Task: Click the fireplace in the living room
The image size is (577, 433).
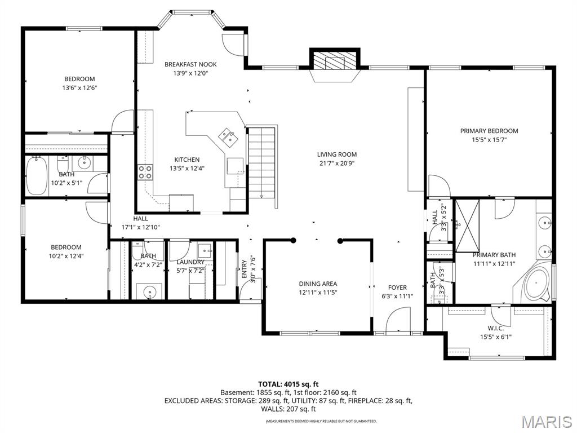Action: pyautogui.click(x=335, y=61)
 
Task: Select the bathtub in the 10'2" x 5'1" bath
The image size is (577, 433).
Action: pyautogui.click(x=37, y=175)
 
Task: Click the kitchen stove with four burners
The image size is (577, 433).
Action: pyautogui.click(x=145, y=172)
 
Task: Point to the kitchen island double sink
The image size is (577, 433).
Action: pyautogui.click(x=228, y=135)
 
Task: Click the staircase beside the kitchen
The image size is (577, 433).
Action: pyautogui.click(x=262, y=161)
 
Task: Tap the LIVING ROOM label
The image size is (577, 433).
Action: pyautogui.click(x=336, y=154)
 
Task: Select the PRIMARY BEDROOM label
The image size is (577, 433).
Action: pyautogui.click(x=489, y=131)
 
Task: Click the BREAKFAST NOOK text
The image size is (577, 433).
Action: pyautogui.click(x=190, y=64)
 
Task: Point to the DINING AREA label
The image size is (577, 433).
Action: pyautogui.click(x=318, y=284)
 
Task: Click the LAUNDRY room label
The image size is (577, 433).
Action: pyautogui.click(x=190, y=262)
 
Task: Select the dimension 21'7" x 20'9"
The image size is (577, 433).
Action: pyautogui.click(x=336, y=164)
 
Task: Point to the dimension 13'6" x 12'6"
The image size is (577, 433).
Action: pyautogui.click(x=79, y=88)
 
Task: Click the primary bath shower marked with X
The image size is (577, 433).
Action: pyautogui.click(x=467, y=224)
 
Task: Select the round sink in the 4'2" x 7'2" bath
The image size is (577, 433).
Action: pyautogui.click(x=149, y=291)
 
